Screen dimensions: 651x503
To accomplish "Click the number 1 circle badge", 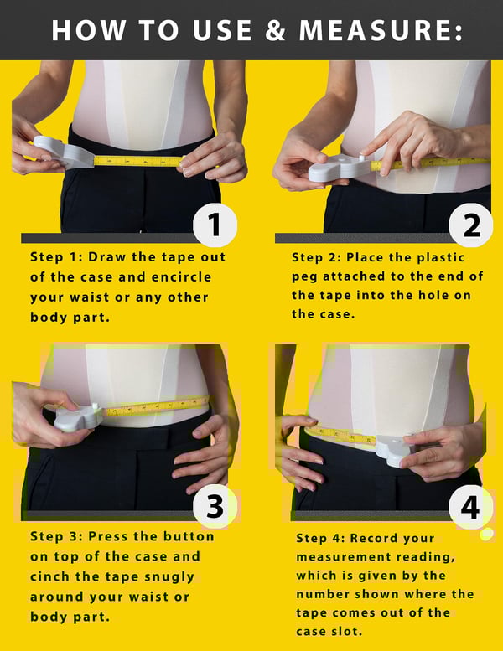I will (x=215, y=225).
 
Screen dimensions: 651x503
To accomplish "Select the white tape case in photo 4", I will (x=392, y=449).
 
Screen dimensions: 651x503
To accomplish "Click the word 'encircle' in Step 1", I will (x=183, y=276).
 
